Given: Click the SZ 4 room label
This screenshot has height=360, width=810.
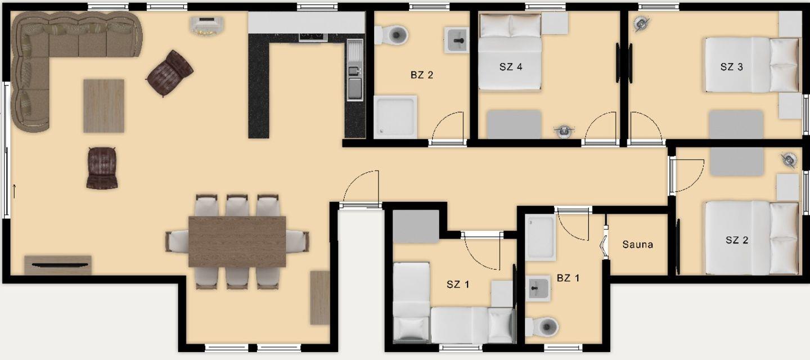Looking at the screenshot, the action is (x=511, y=67).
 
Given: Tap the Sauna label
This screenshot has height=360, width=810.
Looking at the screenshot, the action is (x=637, y=245).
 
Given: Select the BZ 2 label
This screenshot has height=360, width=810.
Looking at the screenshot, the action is (x=422, y=75).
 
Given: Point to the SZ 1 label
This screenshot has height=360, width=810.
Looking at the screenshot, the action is (x=458, y=285).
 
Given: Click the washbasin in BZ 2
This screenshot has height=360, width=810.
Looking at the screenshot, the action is (x=456, y=40).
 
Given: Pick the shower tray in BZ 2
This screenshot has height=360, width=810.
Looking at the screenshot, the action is (x=395, y=117).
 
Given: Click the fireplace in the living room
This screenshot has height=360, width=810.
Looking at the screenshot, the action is (x=207, y=26).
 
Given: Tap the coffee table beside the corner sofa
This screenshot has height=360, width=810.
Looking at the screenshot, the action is (x=103, y=106).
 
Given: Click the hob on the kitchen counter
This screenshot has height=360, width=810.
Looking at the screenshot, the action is (x=313, y=37).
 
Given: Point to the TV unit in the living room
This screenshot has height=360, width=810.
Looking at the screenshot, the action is (x=58, y=265).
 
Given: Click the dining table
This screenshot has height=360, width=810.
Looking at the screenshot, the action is (x=237, y=242).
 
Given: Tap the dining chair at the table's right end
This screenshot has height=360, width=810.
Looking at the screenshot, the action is (x=298, y=241).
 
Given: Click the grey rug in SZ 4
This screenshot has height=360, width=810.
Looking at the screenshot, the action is (x=514, y=124).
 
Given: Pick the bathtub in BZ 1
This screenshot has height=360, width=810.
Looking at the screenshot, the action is (x=540, y=237).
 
